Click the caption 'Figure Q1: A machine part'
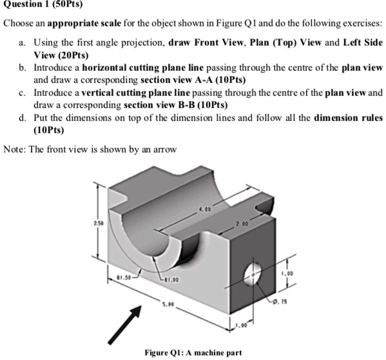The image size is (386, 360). click(x=193, y=352)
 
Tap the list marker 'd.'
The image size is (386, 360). click(x=23, y=118)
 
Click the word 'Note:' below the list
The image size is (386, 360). click(x=15, y=149)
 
